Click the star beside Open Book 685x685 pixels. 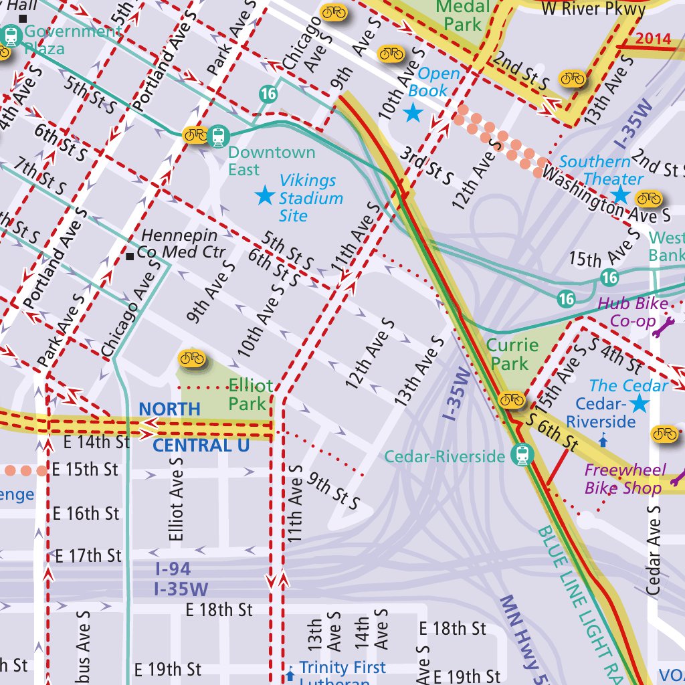[413, 112]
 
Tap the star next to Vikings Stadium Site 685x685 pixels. [265, 195]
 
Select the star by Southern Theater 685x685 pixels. [619, 195]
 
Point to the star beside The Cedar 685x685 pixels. [640, 403]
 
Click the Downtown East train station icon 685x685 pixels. [217, 136]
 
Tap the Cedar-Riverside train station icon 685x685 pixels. [521, 456]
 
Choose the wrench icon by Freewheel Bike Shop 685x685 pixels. [677, 478]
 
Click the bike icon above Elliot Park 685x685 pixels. [191, 359]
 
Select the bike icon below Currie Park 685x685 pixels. [512, 399]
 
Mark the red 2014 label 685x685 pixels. [653, 38]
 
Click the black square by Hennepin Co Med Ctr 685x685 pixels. [130, 256]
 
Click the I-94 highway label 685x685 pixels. [173, 569]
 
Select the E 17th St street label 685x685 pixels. [88, 556]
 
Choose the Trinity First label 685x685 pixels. [342, 668]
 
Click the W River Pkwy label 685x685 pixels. [593, 9]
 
